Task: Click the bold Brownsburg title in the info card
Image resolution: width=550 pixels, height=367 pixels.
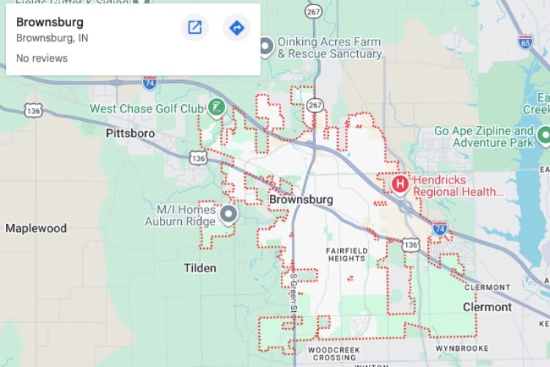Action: tap(50, 22)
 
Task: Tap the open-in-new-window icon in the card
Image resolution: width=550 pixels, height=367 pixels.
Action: tap(195, 28)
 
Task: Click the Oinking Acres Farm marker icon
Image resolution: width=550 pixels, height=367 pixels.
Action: tap(266, 47)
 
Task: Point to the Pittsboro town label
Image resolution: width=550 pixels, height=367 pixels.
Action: tap(130, 134)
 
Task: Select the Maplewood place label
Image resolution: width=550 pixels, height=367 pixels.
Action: tap(36, 228)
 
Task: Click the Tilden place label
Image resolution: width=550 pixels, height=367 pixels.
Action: tap(200, 268)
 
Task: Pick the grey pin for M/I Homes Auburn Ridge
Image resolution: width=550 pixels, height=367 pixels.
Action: tap(229, 214)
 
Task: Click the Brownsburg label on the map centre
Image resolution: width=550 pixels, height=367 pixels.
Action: tap(301, 200)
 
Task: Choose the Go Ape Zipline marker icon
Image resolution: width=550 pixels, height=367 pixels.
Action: tap(543, 134)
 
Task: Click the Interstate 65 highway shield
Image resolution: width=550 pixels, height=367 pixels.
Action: tap(525, 41)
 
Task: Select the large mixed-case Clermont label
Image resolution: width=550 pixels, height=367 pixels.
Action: tap(487, 307)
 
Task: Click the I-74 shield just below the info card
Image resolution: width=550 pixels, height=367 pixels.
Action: tap(150, 82)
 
